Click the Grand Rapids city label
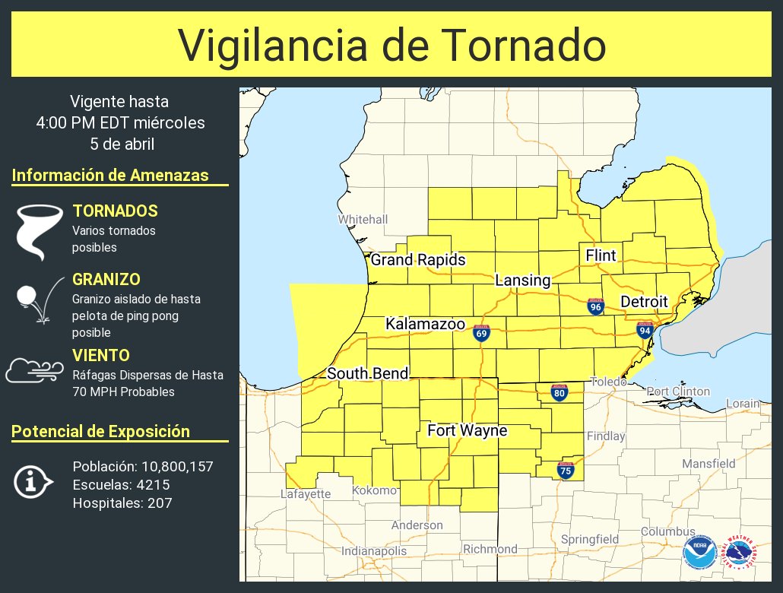[x=417, y=260]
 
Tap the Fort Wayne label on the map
[x=467, y=431]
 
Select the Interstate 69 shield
[x=481, y=333]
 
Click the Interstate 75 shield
[x=566, y=471]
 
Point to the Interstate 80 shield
[x=560, y=392]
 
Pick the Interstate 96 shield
[x=596, y=306]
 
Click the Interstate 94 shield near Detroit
[x=645, y=329]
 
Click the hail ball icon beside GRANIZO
[x=29, y=295]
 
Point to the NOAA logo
[x=699, y=553]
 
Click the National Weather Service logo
[x=740, y=553]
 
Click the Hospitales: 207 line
[x=122, y=503]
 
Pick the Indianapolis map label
[x=373, y=550]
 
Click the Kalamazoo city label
[x=425, y=324]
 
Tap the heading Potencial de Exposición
[x=100, y=431]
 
